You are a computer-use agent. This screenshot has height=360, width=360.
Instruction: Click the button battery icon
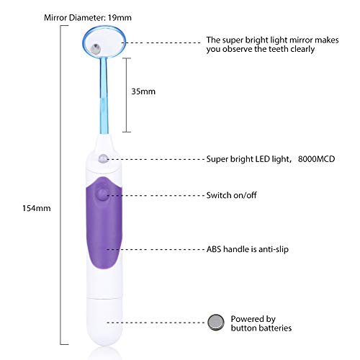216,322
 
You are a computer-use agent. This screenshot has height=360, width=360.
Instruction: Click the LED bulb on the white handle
102,158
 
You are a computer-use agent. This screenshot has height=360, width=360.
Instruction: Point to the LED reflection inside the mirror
95,48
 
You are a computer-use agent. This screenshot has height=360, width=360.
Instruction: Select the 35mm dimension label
143,91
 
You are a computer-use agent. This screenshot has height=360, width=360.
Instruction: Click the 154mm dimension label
37,208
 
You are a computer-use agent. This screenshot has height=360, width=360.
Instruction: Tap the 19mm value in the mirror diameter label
120,18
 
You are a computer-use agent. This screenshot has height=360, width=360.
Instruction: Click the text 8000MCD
316,159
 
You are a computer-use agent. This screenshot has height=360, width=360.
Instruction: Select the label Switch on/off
231,195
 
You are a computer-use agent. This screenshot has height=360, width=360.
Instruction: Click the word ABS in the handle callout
214,249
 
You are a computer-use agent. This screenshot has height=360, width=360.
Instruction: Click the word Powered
246,319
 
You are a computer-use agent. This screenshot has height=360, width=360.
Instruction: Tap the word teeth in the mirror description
279,49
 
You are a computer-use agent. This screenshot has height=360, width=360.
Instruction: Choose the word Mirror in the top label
55,18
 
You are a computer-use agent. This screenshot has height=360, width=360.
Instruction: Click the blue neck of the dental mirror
104,95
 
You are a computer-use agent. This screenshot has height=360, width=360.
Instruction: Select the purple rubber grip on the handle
104,225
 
